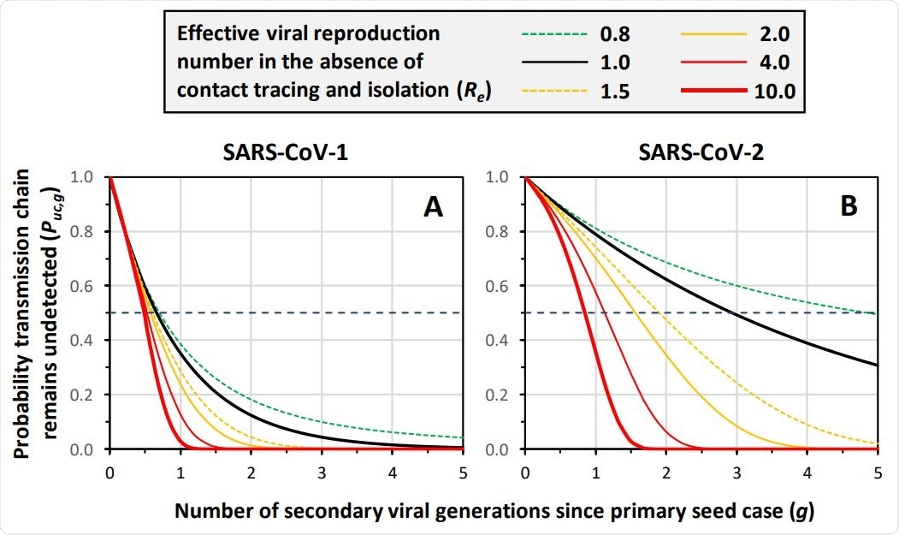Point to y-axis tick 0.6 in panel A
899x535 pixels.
tap(90, 286)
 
